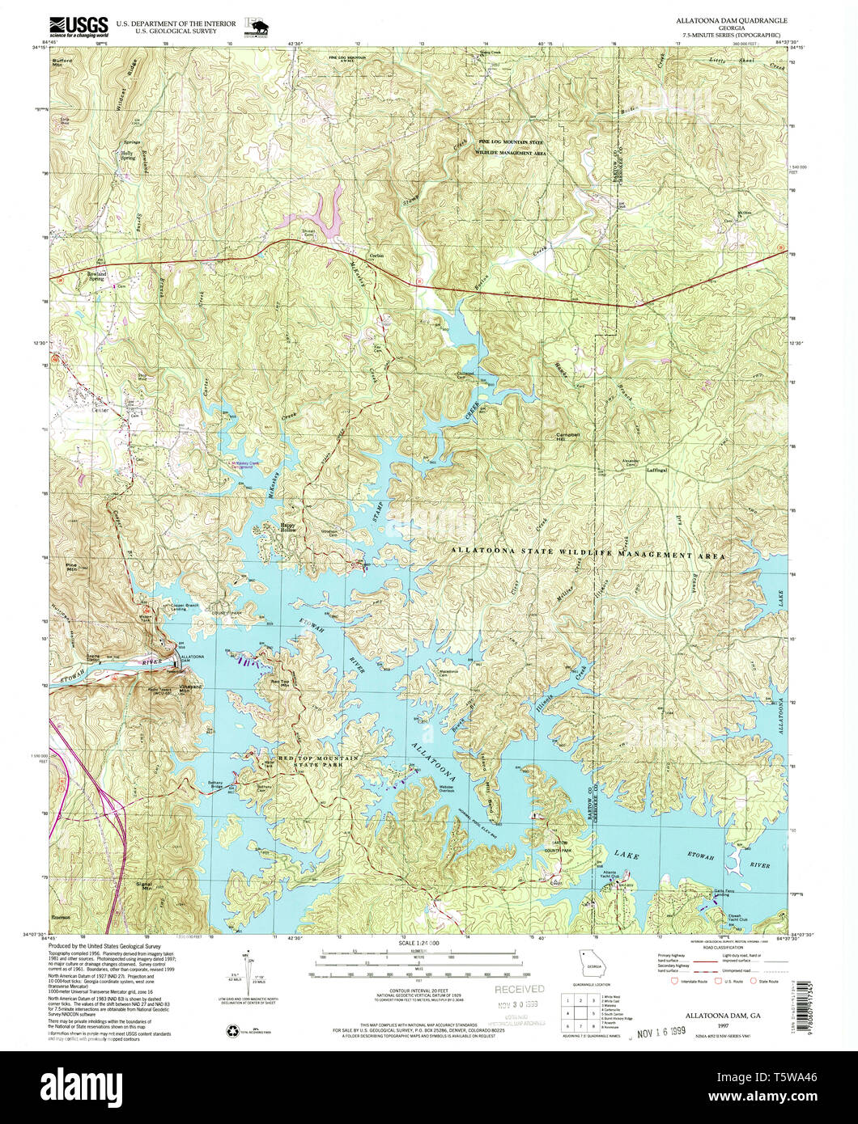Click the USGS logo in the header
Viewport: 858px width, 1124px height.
[79, 27]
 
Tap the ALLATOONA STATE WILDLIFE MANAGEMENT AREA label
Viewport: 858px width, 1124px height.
[588, 557]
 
